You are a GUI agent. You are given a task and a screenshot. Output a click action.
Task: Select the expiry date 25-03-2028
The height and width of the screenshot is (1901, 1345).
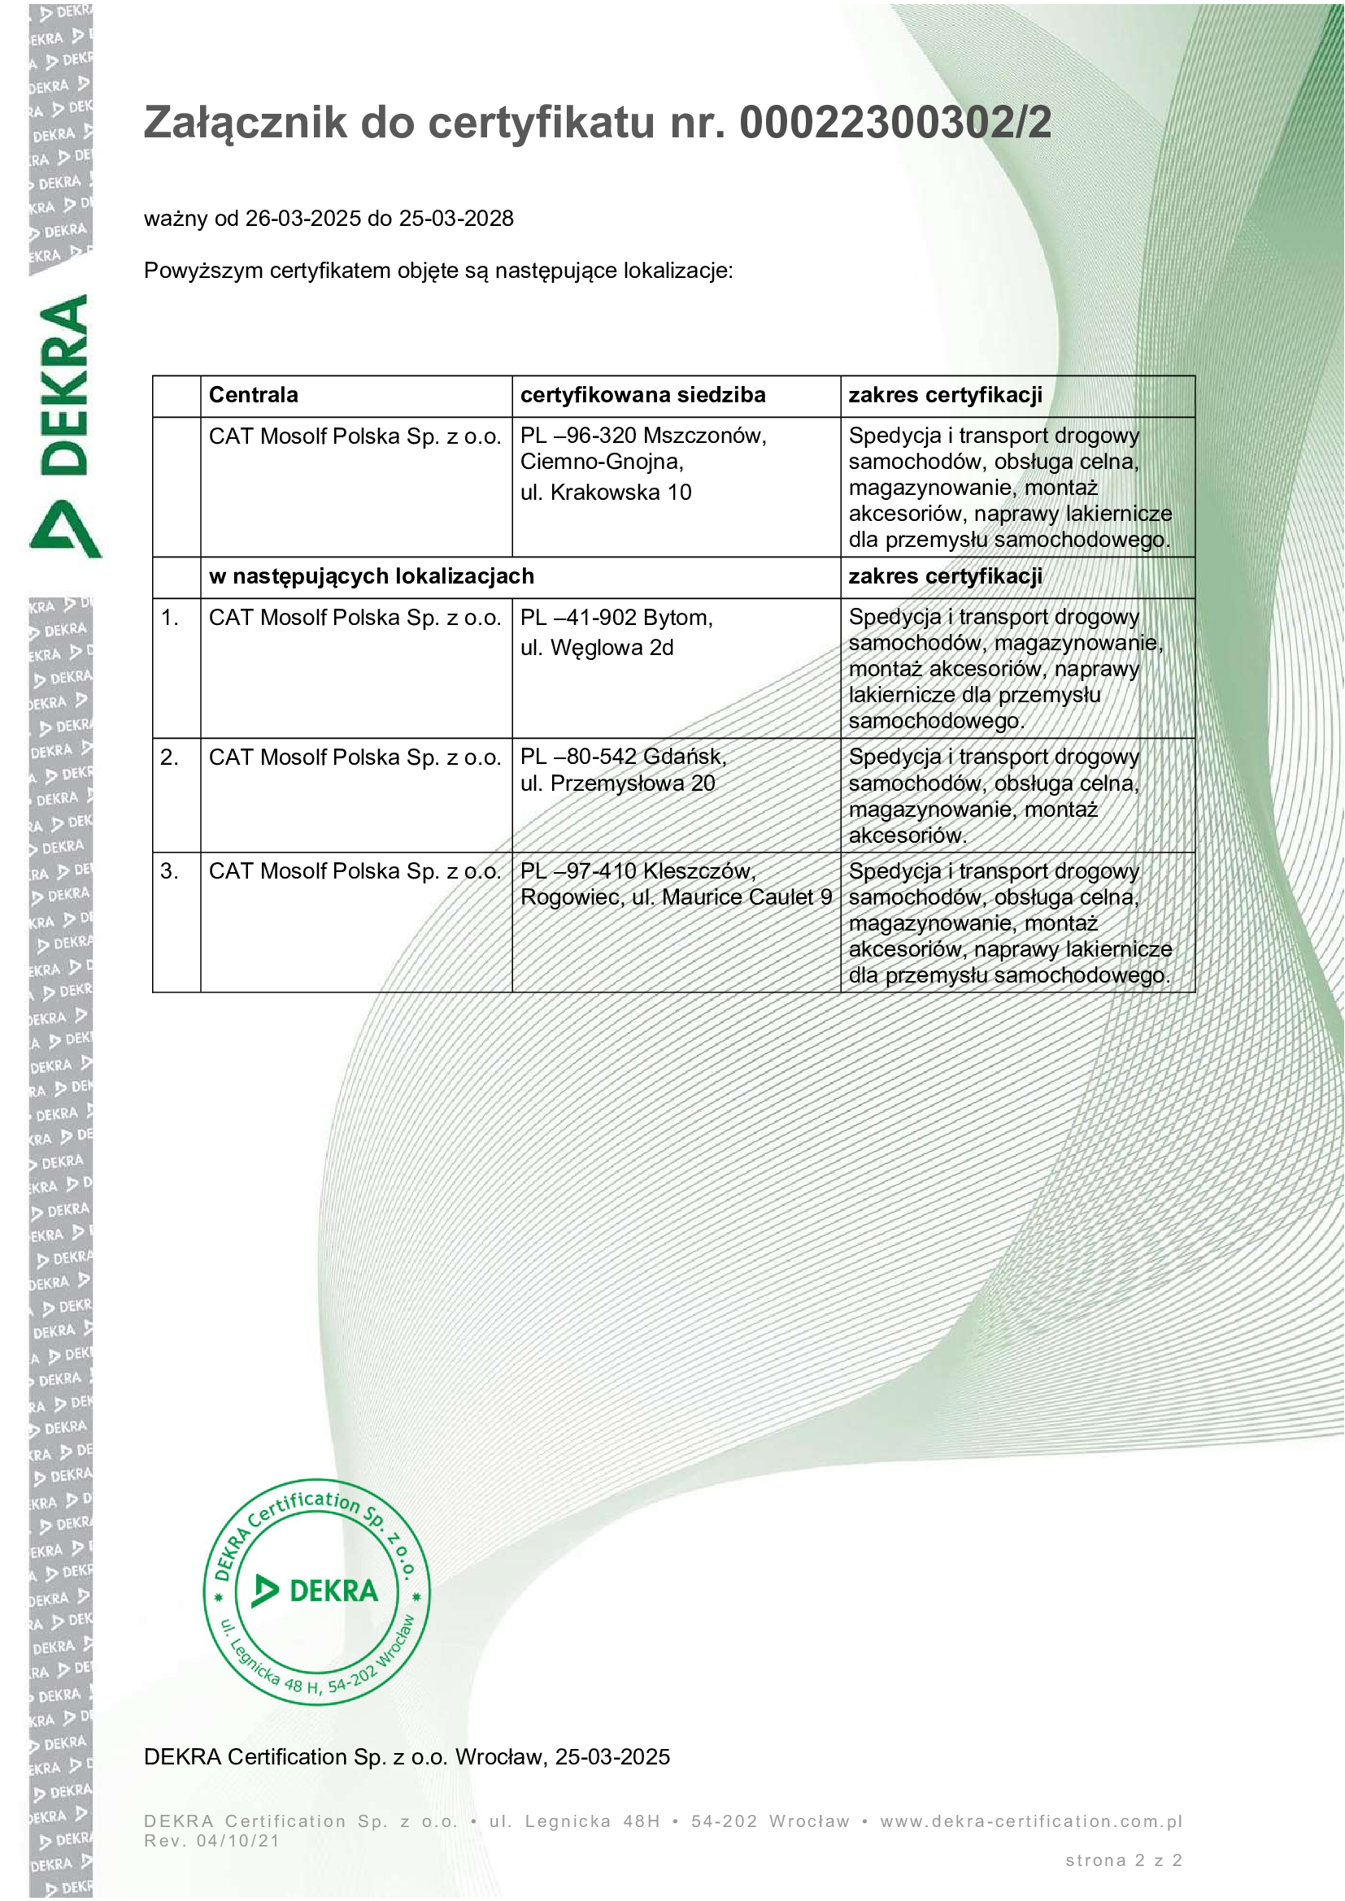pyautogui.click(x=456, y=219)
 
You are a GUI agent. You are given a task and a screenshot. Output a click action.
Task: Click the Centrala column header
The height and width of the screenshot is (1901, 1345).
pyautogui.click(x=254, y=395)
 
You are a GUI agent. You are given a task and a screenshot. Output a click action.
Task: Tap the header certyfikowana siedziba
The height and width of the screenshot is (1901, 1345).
pyautogui.click(x=642, y=395)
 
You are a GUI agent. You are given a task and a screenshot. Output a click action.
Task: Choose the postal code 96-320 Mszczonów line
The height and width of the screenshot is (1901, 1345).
pyautogui.click(x=643, y=436)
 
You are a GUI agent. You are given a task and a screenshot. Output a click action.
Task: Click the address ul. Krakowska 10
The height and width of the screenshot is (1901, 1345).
pyautogui.click(x=606, y=493)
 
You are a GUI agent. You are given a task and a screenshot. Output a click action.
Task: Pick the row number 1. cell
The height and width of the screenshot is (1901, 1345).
pyautogui.click(x=170, y=618)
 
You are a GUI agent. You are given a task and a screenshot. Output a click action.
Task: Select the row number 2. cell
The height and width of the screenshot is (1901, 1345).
pyautogui.click(x=170, y=757)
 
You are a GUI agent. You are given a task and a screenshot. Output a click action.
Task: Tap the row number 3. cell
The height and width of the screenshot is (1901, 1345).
pyautogui.click(x=170, y=871)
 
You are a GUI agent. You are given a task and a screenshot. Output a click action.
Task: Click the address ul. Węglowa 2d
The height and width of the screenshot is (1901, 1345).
pyautogui.click(x=596, y=648)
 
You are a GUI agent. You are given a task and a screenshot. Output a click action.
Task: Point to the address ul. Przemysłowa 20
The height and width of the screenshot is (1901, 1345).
pyautogui.click(x=617, y=783)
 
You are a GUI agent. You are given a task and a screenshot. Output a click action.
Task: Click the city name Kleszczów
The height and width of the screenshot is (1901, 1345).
pyautogui.click(x=699, y=871)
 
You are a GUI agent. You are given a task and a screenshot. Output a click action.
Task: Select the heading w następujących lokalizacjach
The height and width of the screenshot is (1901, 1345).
pyautogui.click(x=371, y=576)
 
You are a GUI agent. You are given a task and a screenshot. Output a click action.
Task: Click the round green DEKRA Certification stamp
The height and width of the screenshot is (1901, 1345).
pyautogui.click(x=317, y=1591)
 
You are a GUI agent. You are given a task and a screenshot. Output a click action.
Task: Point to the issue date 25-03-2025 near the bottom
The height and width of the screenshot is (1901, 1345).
pyautogui.click(x=612, y=1757)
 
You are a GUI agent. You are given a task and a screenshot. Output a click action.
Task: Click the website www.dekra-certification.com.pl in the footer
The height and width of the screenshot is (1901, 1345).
pyautogui.click(x=1031, y=1821)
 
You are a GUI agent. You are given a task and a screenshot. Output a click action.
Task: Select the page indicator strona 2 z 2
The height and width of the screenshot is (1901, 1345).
pyautogui.click(x=1123, y=1860)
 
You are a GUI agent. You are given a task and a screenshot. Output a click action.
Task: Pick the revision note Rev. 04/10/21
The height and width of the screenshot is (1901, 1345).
pyautogui.click(x=212, y=1841)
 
